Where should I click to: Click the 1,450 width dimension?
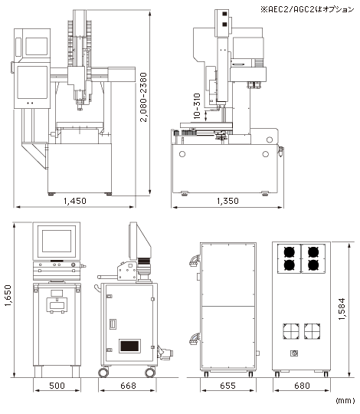pos(75,201)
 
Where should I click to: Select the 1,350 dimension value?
pos(227,201)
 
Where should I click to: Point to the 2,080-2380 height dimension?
pos(143,97)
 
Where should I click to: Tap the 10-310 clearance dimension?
pos(197,106)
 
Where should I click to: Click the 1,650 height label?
pos(8,295)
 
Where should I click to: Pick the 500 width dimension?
pos(57,386)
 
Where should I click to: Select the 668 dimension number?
pos(128,386)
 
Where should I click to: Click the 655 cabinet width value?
pos(227,386)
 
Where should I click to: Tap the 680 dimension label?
pos(302,386)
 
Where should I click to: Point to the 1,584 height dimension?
pos(342,309)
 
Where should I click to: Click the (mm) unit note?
pos(345,401)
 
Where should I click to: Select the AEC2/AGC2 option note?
pos(307,10)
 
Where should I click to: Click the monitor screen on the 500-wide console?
pos(57,241)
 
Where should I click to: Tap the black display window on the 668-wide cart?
pos(129,346)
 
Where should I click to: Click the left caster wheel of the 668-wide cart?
pos(103,373)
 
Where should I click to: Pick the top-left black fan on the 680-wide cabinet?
pos(290,252)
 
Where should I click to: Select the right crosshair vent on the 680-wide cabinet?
pos(312,331)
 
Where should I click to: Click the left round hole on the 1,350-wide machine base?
pos(182,154)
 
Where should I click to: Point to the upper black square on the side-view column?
pos(224,14)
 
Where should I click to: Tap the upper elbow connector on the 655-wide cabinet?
pos(194,261)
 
